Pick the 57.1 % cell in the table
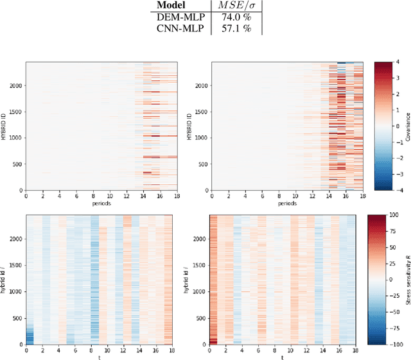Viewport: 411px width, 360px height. pyautogui.click(x=236, y=29)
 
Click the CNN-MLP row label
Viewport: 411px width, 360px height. pyautogui.click(x=176, y=29)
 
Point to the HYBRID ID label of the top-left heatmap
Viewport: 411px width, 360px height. pyautogui.click(x=6, y=126)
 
